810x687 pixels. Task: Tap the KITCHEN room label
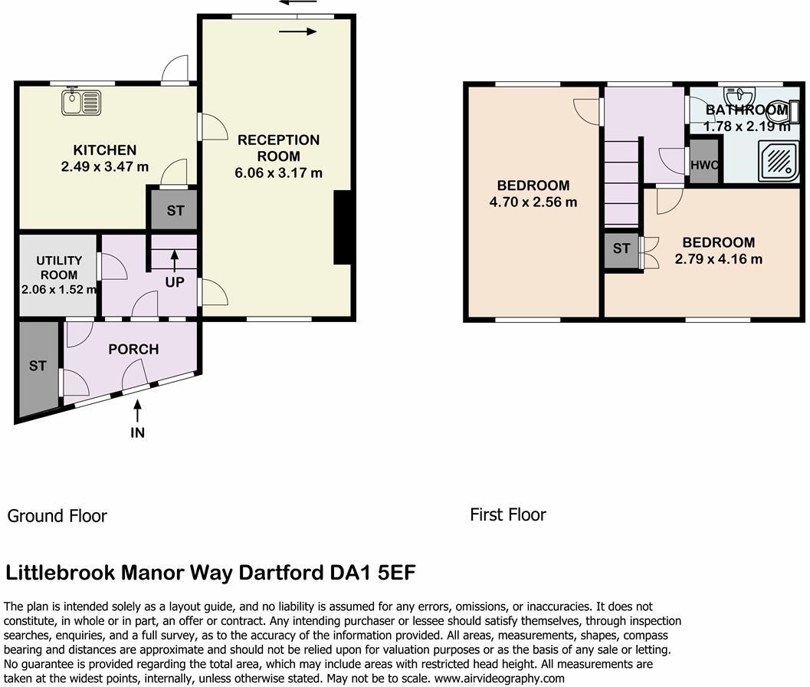pyautogui.click(x=104, y=150)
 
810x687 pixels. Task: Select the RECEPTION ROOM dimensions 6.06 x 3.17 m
pyautogui.click(x=278, y=173)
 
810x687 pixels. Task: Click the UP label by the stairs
pyautogui.click(x=175, y=282)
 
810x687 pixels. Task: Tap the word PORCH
pyautogui.click(x=133, y=350)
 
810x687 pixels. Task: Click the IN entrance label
pyautogui.click(x=138, y=432)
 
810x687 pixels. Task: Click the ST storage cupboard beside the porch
pyautogui.click(x=38, y=367)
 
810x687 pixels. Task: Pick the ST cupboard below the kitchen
pyautogui.click(x=175, y=210)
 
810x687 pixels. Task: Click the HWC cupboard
pyautogui.click(x=703, y=164)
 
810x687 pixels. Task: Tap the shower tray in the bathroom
pyautogui.click(x=778, y=162)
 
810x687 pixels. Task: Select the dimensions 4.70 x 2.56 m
pyautogui.click(x=533, y=202)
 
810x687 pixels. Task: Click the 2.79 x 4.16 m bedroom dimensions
pyautogui.click(x=718, y=259)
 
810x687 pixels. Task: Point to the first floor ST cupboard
pyautogui.click(x=621, y=248)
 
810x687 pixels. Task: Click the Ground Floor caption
pyautogui.click(x=57, y=516)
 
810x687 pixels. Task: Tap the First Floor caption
pyautogui.click(x=508, y=514)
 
